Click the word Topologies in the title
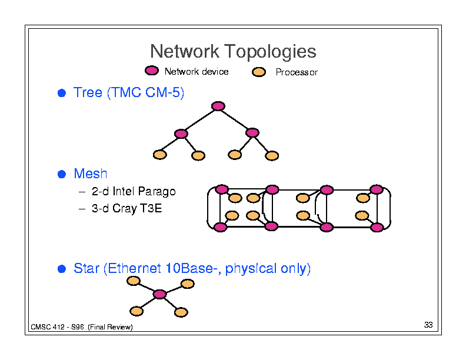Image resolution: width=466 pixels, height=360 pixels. (x=270, y=52)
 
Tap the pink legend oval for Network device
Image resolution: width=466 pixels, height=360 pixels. (x=152, y=71)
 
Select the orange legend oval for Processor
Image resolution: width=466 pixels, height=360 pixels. (x=259, y=72)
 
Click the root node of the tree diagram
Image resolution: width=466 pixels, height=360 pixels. (x=218, y=106)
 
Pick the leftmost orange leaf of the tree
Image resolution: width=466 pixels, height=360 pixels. (x=160, y=155)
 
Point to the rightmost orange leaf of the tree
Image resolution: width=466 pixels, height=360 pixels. (x=272, y=156)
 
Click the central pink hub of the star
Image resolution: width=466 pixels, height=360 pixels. (x=159, y=294)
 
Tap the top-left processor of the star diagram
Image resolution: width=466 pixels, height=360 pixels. (x=134, y=281)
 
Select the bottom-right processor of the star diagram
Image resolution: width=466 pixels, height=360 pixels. (x=181, y=312)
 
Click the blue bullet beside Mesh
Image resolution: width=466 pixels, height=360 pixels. (x=62, y=174)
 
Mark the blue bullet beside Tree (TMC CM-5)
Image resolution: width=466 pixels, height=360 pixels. (x=62, y=93)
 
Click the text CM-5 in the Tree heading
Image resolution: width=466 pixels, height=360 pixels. (x=163, y=92)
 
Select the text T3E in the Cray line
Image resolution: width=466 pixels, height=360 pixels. (x=151, y=208)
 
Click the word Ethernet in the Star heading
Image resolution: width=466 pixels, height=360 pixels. (x=134, y=268)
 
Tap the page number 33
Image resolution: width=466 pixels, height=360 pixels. (x=428, y=325)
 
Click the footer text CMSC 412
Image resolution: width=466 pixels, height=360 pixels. (x=48, y=327)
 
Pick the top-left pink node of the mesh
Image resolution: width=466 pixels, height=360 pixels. (x=222, y=189)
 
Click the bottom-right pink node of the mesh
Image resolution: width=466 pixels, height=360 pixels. (x=377, y=228)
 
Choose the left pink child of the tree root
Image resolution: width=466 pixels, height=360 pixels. (x=181, y=134)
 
